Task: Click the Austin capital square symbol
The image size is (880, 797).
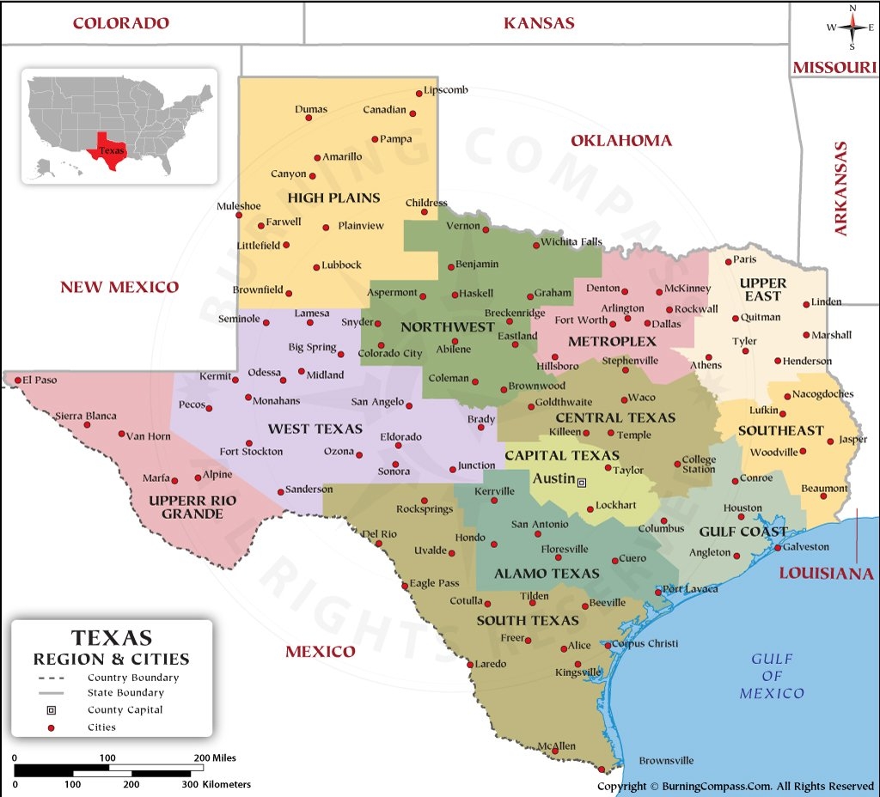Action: [582, 483]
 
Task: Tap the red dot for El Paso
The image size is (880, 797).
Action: [16, 379]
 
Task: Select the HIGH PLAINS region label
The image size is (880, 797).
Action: [333, 198]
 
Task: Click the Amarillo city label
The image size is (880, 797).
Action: [342, 157]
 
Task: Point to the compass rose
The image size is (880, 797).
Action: [852, 27]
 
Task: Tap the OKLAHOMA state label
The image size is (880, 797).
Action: [621, 140]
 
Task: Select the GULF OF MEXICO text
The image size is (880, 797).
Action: [772, 676]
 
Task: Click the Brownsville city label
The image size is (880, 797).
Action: [666, 761]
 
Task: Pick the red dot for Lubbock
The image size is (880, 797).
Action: [316, 266]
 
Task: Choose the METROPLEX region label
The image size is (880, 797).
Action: [606, 342]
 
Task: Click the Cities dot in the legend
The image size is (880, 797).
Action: [51, 727]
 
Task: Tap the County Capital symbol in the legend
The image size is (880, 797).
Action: [51, 710]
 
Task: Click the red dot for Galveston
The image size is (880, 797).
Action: [778, 547]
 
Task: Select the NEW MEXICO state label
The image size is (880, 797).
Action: [119, 287]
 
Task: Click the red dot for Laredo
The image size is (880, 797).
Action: [469, 664]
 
